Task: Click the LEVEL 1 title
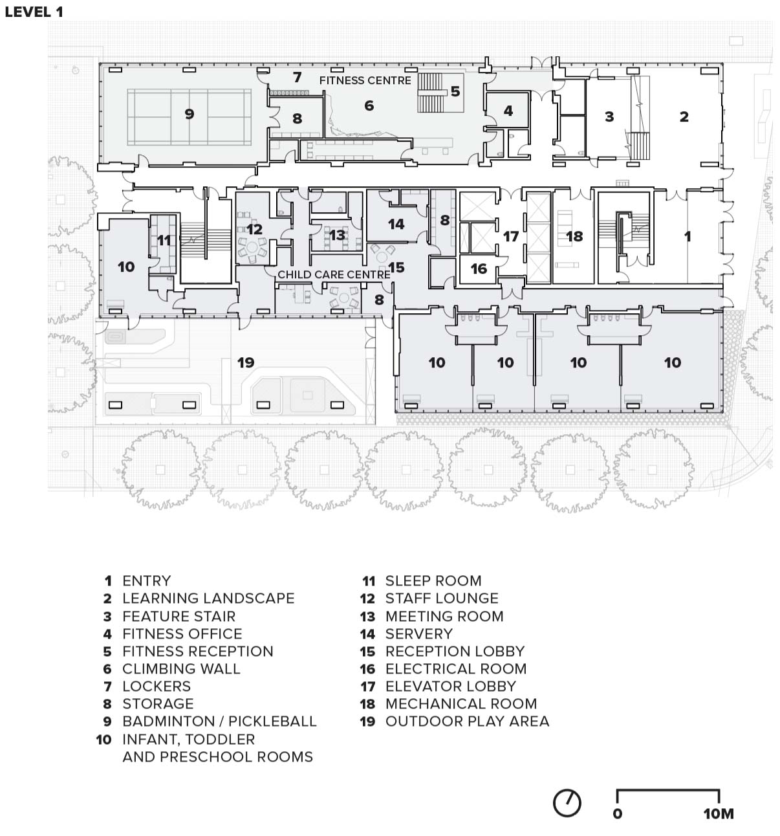34,12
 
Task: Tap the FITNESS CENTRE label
365,80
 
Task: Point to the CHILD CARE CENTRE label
334,274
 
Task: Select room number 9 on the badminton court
190,114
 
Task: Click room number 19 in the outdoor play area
246,362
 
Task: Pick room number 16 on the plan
479,269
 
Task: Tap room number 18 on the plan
574,237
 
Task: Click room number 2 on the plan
684,116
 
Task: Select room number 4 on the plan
508,111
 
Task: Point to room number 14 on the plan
396,224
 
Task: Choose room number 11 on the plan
164,240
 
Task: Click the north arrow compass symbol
567,803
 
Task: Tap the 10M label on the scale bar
719,814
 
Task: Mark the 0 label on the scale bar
618,814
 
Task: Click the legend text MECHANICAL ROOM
461,703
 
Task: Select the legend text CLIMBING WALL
182,668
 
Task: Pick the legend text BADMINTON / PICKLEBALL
219,721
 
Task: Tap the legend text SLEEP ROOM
433,580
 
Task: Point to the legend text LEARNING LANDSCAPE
208,598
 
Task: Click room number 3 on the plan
609,116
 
